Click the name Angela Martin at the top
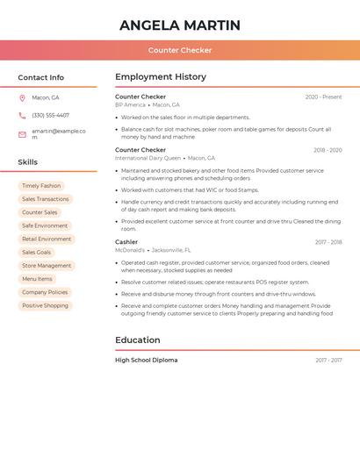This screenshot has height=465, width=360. tap(180, 25)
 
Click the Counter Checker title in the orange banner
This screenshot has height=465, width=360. tap(180, 50)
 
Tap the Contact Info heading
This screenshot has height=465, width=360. tap(40, 77)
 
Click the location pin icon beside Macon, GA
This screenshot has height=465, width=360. tap(22, 97)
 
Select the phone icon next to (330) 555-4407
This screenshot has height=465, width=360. tap(22, 115)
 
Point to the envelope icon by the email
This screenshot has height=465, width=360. tap(22, 133)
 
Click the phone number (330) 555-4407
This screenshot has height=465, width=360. tap(50, 115)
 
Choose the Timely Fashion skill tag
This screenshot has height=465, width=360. tap(41, 186)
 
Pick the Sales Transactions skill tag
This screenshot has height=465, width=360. tap(45, 199)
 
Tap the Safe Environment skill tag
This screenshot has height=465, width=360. tap(45, 225)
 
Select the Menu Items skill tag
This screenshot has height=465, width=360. tap(37, 279)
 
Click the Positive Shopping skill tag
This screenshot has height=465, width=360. tap(45, 305)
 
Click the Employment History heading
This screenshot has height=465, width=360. tap(160, 77)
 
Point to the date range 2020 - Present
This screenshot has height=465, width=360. tap(323, 97)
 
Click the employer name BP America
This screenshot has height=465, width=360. tap(130, 104)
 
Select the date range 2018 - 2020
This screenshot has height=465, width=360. tap(328, 150)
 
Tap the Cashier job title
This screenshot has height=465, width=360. tap(126, 241)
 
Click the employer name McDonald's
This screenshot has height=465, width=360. tap(130, 250)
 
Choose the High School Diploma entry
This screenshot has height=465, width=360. tap(146, 360)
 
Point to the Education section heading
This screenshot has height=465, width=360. tap(138, 340)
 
